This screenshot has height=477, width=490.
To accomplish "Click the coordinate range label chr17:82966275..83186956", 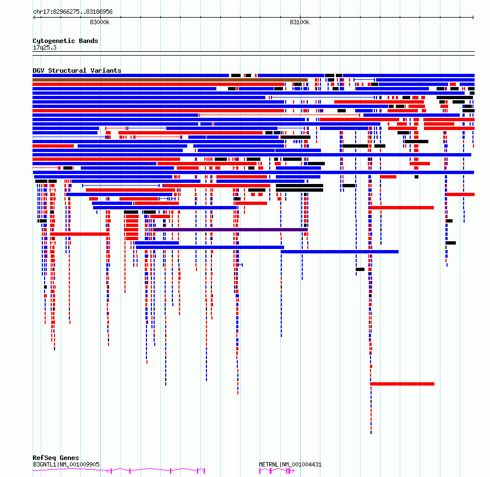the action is click(73, 12).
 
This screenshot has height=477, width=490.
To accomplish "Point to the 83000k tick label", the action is click(100, 22).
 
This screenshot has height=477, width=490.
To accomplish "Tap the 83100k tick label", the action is click(300, 22).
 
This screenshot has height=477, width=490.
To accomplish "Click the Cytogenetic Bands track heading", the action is click(66, 41).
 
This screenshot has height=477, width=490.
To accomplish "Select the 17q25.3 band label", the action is click(45, 47).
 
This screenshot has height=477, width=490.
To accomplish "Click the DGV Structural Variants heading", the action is click(77, 71).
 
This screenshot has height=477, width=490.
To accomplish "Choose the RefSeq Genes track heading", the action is click(56, 458).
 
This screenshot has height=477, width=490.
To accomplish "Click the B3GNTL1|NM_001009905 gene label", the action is click(66, 464).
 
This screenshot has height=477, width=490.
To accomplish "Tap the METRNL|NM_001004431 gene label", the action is click(290, 464).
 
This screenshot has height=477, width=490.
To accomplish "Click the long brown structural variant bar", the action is click(170, 80).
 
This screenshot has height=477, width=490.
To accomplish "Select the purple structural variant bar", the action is click(230, 230).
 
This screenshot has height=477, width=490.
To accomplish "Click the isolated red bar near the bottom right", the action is click(402, 384).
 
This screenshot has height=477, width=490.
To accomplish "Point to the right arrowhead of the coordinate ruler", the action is click(473, 17).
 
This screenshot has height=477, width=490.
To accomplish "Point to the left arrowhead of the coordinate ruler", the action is click(34, 17).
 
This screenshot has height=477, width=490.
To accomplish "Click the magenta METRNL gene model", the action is click(277, 471).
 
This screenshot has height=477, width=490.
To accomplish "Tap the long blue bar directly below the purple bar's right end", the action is click(340, 252).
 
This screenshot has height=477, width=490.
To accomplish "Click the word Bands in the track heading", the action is click(89, 41).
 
